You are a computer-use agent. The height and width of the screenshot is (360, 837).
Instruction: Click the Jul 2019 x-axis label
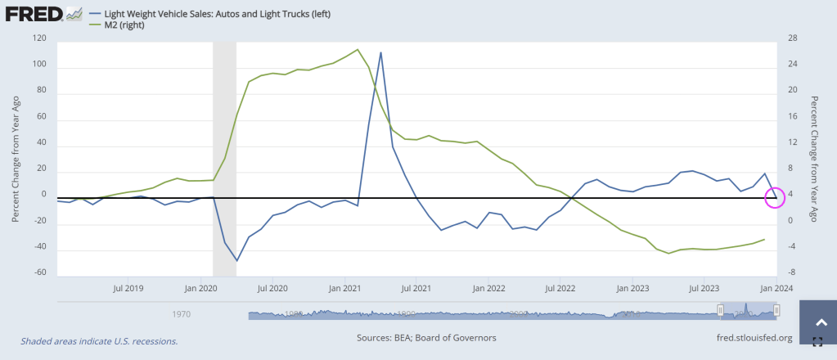(129, 289)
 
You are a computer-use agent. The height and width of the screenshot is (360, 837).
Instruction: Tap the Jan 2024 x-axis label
(776, 289)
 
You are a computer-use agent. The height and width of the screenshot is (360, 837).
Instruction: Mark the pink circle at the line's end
(774, 197)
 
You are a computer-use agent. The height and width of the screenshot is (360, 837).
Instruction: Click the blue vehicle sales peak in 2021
(381, 52)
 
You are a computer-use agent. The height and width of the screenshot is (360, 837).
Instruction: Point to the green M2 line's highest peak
(358, 50)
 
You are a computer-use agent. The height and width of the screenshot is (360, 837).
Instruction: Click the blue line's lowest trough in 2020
(237, 260)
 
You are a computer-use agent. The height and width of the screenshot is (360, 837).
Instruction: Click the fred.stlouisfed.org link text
(754, 338)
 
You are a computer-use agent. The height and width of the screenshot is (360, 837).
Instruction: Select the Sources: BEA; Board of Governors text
(426, 338)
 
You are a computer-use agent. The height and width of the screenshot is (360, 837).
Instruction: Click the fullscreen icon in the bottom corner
(817, 342)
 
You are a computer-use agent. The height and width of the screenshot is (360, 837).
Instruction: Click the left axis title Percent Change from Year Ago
(16, 157)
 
